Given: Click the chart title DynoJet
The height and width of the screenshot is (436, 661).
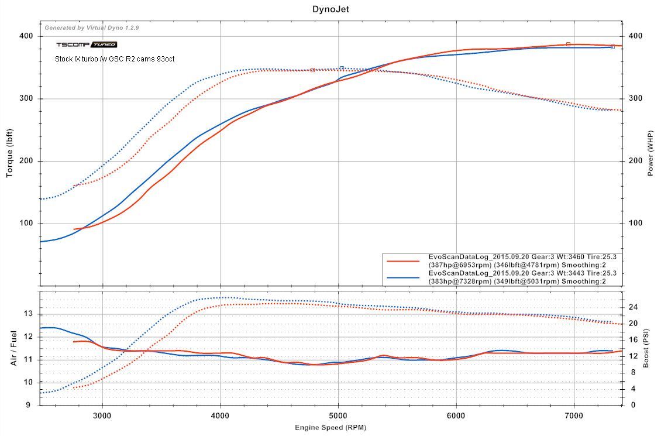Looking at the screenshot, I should (x=330, y=9).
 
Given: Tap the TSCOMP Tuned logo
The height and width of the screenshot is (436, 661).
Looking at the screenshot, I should (x=87, y=44).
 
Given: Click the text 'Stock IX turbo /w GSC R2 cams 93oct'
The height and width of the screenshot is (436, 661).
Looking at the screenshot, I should (x=115, y=59).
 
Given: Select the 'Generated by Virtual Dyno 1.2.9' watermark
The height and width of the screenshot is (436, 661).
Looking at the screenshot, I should (x=92, y=28).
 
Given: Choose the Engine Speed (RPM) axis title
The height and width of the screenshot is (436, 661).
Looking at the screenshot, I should (x=330, y=428).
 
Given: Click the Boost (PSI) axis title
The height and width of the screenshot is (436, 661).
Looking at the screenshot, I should (x=647, y=349).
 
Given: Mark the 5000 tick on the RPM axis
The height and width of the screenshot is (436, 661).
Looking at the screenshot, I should (x=338, y=416).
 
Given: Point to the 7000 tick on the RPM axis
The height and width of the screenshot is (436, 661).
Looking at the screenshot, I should (x=574, y=416).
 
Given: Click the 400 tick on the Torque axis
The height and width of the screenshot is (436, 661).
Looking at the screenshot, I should (x=27, y=36).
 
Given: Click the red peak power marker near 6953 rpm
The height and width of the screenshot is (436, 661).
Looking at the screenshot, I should (x=568, y=44).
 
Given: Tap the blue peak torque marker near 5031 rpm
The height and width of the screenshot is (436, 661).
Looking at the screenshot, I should (x=342, y=68).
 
